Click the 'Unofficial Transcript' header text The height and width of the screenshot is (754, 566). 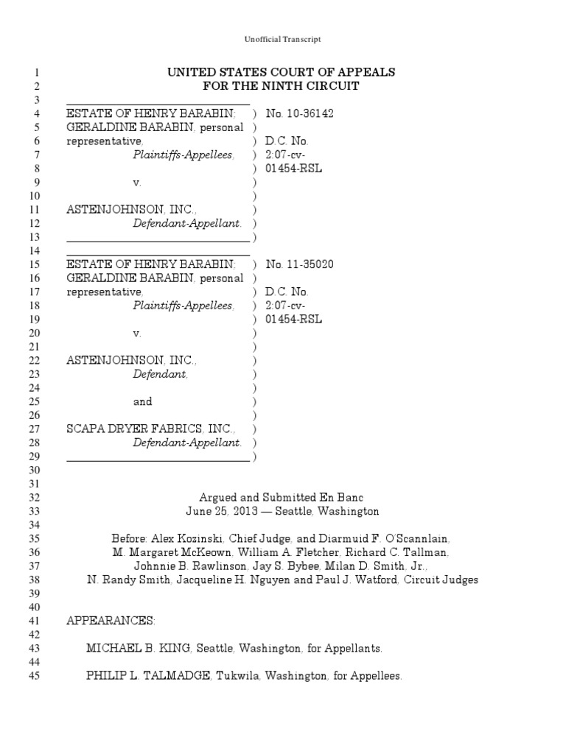[x=282, y=39]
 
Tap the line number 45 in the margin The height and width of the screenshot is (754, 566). [x=33, y=675]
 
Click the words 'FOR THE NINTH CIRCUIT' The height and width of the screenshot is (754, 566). [x=282, y=86]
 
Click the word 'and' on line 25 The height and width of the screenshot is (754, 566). [x=142, y=401]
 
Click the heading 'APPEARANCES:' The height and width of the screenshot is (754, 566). [x=111, y=621]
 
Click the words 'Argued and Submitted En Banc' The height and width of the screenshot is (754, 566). [x=282, y=498]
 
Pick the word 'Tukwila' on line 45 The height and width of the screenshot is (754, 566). [x=235, y=675]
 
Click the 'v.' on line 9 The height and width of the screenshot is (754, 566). [x=136, y=182]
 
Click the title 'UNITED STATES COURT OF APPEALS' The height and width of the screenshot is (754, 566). [x=282, y=72]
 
